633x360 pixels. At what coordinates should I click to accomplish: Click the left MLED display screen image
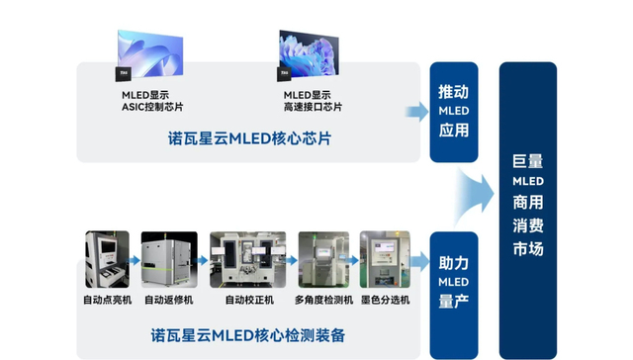151,50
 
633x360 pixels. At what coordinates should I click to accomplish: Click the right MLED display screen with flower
310,50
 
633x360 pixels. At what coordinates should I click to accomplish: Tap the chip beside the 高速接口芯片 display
284,72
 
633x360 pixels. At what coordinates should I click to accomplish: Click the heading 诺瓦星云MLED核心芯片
249,138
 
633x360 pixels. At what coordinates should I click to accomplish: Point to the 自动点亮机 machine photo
107,259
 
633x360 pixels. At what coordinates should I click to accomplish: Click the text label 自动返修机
169,300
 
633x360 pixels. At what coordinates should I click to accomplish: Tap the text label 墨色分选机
384,300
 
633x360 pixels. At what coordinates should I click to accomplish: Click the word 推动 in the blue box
454,91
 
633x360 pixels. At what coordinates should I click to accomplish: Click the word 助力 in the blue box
454,264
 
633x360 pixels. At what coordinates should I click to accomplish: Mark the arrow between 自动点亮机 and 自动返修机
135,261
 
